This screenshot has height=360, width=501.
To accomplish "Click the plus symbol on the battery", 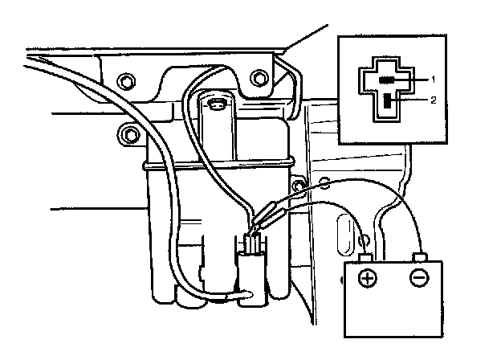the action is [x=367, y=279].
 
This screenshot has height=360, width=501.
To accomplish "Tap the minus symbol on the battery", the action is [x=419, y=279].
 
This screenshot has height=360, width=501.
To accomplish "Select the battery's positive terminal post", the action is [x=366, y=259].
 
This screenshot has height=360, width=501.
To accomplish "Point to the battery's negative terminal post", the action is [x=418, y=258].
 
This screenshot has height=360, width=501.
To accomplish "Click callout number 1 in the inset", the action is [x=433, y=80].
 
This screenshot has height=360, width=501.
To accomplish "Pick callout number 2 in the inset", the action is [x=433, y=101].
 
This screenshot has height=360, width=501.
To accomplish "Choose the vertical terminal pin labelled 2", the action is [x=389, y=101].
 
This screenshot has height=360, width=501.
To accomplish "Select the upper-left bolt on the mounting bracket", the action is [x=124, y=80].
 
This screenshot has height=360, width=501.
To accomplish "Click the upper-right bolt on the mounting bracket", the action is [x=257, y=79].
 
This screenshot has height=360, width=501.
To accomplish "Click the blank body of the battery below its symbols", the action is [x=393, y=313].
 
